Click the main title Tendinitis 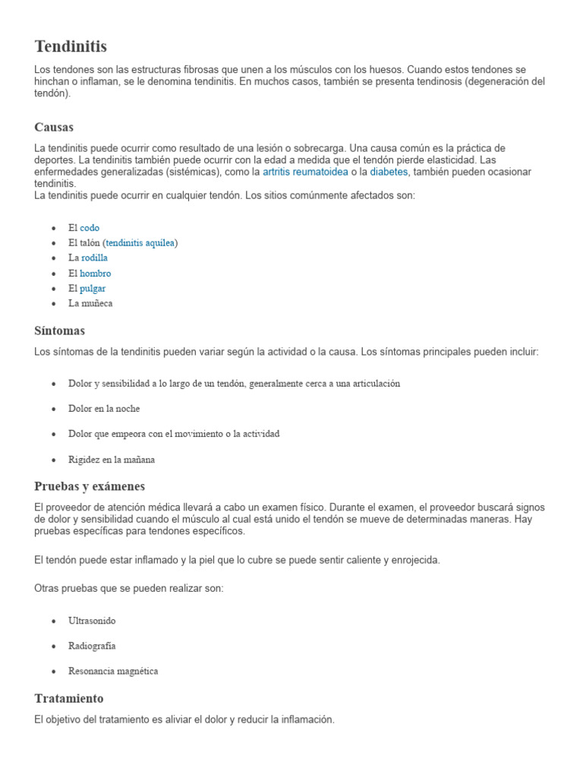point(71,48)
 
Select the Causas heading point(54,127)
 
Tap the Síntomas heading point(59,331)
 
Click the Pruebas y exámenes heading point(90,486)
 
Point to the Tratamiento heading point(69,698)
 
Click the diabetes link point(389,172)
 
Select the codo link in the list point(90,228)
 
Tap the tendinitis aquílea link point(140,243)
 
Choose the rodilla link point(94,258)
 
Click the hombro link point(96,274)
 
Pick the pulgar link point(93,289)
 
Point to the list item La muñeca point(90,304)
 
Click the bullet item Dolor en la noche point(104,409)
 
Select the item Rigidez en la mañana point(112,460)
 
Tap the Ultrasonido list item point(92,621)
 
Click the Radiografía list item point(92,646)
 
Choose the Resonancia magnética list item point(113,672)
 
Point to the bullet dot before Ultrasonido point(53,621)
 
